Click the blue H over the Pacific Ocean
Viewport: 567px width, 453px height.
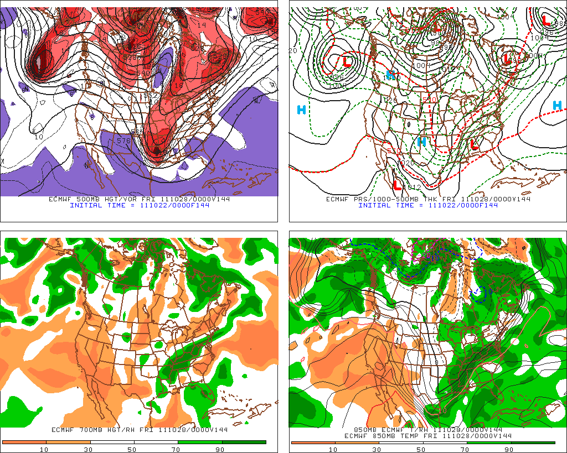click(301, 110)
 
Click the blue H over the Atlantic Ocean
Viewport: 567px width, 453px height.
click(557, 105)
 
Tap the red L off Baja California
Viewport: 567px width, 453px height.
click(398, 184)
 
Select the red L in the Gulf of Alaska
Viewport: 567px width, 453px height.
click(347, 60)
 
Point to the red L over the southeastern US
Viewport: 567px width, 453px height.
click(473, 144)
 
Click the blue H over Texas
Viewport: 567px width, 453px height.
click(421, 142)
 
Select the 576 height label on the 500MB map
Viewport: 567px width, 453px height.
click(123, 141)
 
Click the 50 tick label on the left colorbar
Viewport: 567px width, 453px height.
click(132, 449)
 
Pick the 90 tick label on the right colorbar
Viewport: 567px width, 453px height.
click(509, 449)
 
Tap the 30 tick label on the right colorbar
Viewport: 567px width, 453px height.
click(377, 449)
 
